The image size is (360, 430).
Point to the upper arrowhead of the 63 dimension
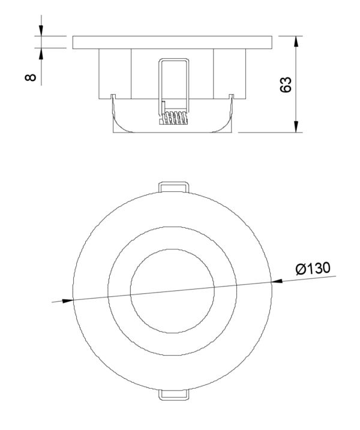pos(296,42)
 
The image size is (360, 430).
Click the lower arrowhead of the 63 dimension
pos(296,126)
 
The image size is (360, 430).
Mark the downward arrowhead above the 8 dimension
pos(41,30)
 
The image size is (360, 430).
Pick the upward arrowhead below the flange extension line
pos(41,55)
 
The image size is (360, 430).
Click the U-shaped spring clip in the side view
pos(173,78)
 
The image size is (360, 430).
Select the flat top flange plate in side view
pos(173,43)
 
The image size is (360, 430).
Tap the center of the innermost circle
pos(172,290)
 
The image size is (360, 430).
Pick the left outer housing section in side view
pos(115,73)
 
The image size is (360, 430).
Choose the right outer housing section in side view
pos(230,73)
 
